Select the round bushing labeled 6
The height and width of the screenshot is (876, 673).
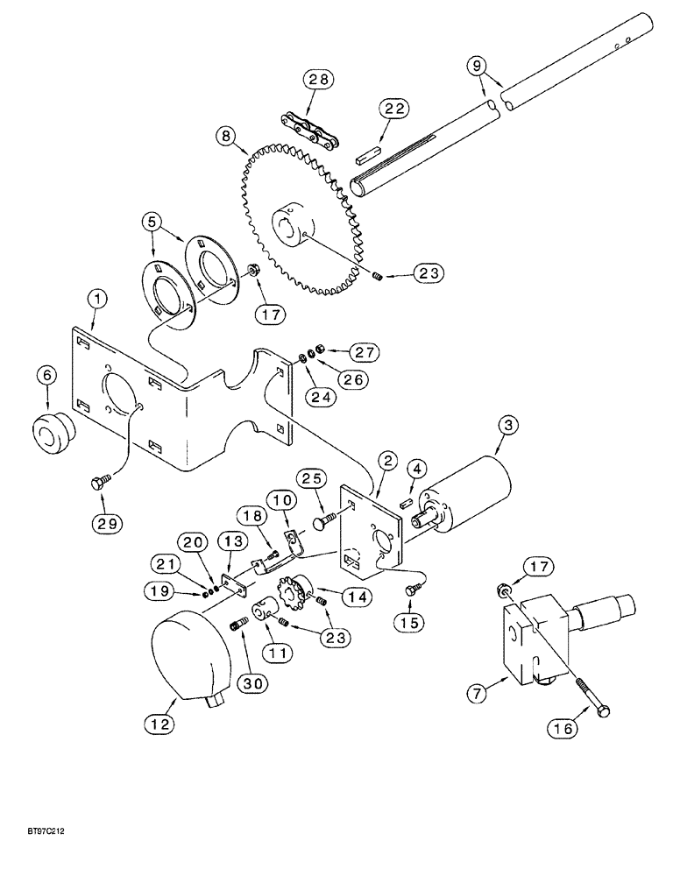(53, 433)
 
